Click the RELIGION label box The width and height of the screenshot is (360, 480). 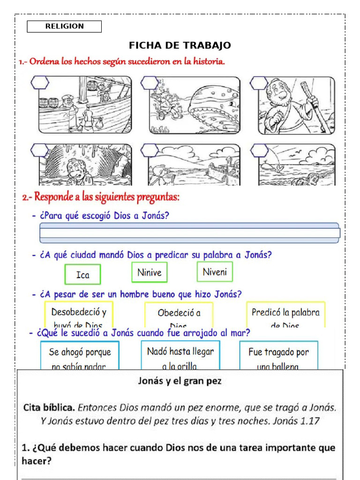point(64,27)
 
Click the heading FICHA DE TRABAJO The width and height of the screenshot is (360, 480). point(180,45)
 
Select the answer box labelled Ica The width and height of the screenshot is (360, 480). point(82,275)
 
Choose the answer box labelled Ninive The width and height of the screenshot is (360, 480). point(150,272)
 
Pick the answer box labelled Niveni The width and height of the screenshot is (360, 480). point(215,272)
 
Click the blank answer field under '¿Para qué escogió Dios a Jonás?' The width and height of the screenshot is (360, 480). point(189,233)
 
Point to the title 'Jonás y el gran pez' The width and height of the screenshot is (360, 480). point(180,381)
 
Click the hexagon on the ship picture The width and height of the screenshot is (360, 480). point(39,82)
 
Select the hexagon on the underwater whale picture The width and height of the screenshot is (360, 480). point(150,82)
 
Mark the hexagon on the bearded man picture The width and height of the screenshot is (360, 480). point(259,82)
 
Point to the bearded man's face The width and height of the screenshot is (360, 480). point(278,94)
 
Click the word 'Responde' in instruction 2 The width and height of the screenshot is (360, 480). point(58,198)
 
